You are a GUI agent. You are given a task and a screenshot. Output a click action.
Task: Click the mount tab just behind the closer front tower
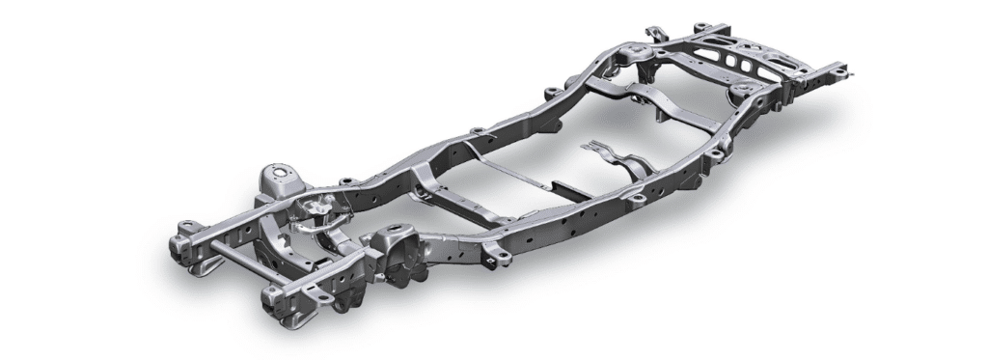pos(498,255)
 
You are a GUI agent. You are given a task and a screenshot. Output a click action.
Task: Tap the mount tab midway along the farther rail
pos(475,133)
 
